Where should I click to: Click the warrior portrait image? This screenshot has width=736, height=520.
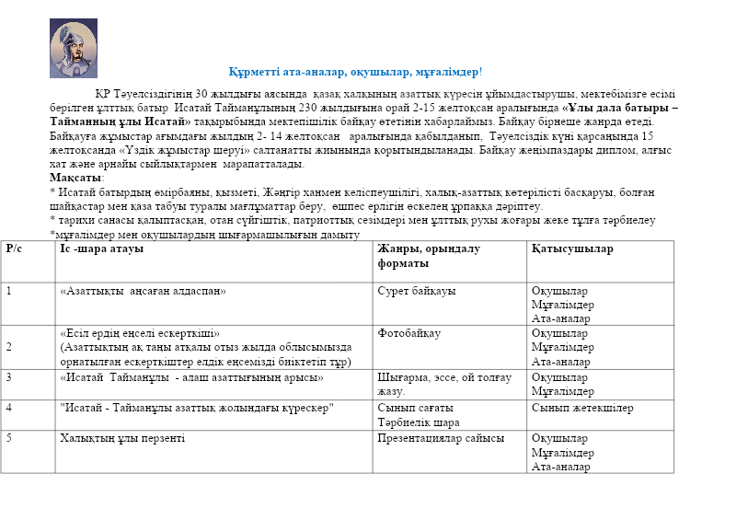coord(73,48)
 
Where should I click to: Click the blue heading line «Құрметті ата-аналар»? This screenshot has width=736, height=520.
coord(356,71)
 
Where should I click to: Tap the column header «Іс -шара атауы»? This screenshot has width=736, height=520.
coord(101,248)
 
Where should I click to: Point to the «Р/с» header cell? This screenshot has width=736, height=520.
coord(15,248)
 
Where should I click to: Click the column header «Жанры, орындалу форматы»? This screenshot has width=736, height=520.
coord(429,256)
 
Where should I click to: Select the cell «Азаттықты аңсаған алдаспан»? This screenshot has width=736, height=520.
coord(143,291)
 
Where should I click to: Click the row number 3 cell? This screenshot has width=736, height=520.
coord(9,376)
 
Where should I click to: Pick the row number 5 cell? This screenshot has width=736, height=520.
coord(9,438)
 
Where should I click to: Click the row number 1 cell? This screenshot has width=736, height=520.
coord(9,291)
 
